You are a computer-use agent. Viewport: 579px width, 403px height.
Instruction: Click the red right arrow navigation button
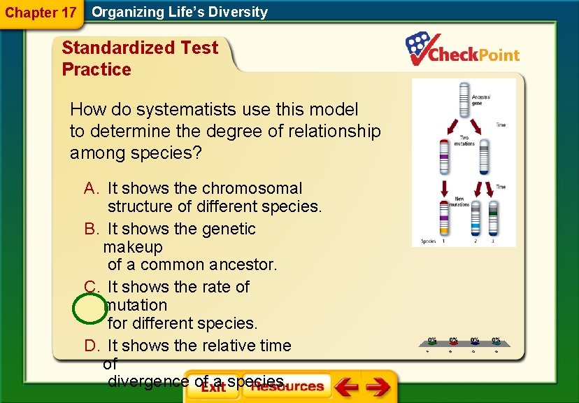(x=378, y=387)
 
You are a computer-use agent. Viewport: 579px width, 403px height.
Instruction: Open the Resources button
(x=287, y=386)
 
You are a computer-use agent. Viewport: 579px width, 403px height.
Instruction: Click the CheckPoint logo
(x=463, y=50)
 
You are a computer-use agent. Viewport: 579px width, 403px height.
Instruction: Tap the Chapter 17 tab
(x=41, y=13)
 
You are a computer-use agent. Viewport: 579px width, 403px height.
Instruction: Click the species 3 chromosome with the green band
(x=493, y=216)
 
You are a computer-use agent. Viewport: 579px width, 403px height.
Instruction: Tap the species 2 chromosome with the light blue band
(x=476, y=219)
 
